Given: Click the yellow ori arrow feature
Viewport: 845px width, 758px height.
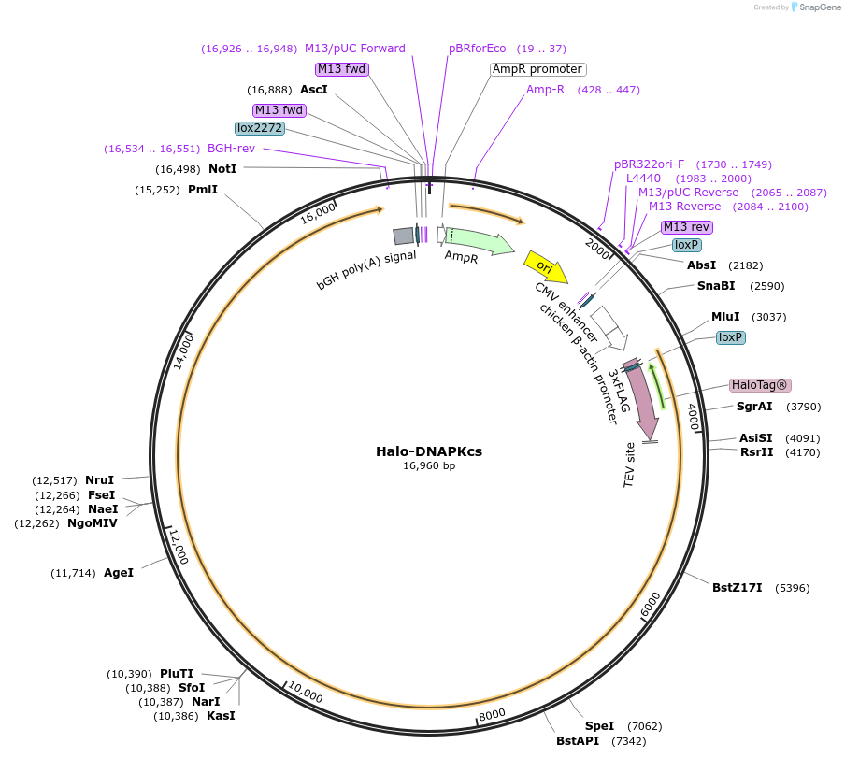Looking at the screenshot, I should (x=546, y=266).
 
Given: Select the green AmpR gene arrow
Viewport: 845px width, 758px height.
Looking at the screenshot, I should (x=479, y=240).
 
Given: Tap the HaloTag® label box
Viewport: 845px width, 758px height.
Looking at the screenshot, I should (x=760, y=385).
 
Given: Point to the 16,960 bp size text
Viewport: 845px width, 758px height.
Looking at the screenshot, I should (x=429, y=465).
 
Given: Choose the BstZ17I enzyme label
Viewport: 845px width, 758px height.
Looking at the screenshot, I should (x=738, y=588).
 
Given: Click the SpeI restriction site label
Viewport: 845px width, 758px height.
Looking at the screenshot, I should (x=599, y=725).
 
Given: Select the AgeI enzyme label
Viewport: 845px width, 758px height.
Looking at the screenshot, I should (x=119, y=572).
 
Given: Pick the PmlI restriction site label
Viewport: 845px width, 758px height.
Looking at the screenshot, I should (x=203, y=190).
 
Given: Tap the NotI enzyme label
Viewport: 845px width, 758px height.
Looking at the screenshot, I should (x=222, y=168).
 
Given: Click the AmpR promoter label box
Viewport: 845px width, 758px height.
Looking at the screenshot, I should (x=538, y=69).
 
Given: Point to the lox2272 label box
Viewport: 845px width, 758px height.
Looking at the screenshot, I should (x=259, y=128).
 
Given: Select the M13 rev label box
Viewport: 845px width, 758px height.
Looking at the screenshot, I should (x=687, y=227).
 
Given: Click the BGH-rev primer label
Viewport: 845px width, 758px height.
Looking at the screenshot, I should (x=231, y=148).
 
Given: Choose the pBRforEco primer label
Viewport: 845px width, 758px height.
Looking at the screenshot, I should (x=478, y=49).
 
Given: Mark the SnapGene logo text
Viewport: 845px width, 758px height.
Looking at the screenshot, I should (x=818, y=7).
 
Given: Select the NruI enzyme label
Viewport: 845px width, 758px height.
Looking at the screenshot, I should (x=99, y=480).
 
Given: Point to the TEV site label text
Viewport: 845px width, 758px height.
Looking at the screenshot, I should (x=630, y=465).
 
